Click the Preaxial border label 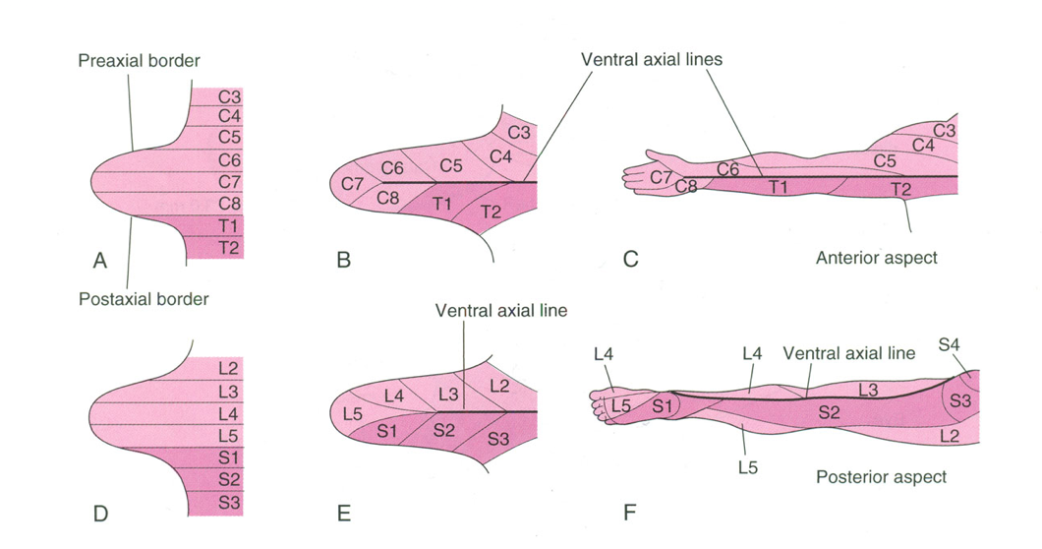[139, 61]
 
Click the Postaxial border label [144, 298]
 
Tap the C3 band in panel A [228, 96]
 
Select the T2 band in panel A [228, 249]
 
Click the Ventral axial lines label [651, 59]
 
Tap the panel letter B [343, 261]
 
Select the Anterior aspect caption [877, 258]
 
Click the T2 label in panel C [900, 189]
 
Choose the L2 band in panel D [228, 369]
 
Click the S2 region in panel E [444, 430]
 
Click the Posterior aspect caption [882, 477]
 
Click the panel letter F [630, 512]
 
